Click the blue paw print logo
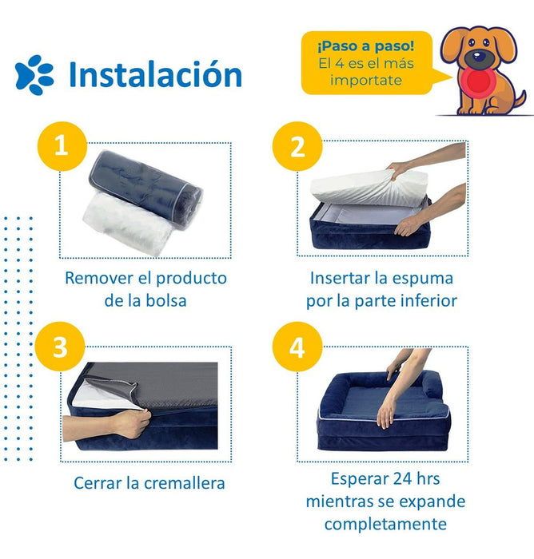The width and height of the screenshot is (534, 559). click(x=34, y=75)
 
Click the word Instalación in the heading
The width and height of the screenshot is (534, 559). click(x=155, y=74)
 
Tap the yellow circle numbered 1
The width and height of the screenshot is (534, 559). click(x=62, y=146)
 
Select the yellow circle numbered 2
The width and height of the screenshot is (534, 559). click(x=297, y=146)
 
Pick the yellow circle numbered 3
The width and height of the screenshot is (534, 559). click(x=60, y=347)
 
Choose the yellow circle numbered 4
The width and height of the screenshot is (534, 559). click(x=297, y=347)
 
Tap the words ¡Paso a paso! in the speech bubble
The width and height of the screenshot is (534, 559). click(x=366, y=46)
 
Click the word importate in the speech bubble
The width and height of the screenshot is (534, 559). click(x=366, y=80)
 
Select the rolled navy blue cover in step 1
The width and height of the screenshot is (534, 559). click(x=145, y=188)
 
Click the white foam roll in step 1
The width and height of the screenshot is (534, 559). click(x=127, y=224)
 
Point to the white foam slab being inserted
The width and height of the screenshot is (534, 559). click(x=369, y=188)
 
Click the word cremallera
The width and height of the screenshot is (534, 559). click(x=184, y=483)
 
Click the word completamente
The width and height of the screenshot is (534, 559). click(x=385, y=525)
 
